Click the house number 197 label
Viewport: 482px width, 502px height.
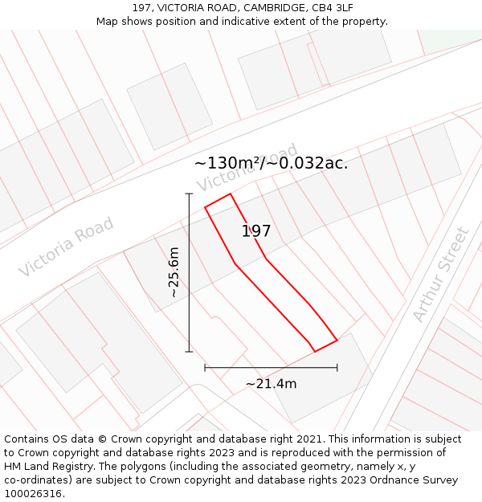pos(256,231)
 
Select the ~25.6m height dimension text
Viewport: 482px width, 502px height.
pos(174,273)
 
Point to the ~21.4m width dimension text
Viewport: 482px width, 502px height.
pos(271,384)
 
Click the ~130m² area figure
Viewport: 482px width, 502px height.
pos(227,163)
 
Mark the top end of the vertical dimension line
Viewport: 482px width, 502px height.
pos(190,194)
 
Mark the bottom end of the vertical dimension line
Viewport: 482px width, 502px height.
pos(190,352)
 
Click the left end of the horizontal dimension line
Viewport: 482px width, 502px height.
pos(205,368)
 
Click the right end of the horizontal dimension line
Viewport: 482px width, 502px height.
pos(337,368)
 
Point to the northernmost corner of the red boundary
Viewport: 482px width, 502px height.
pos(231,194)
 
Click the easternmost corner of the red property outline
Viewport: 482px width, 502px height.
pos(337,340)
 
